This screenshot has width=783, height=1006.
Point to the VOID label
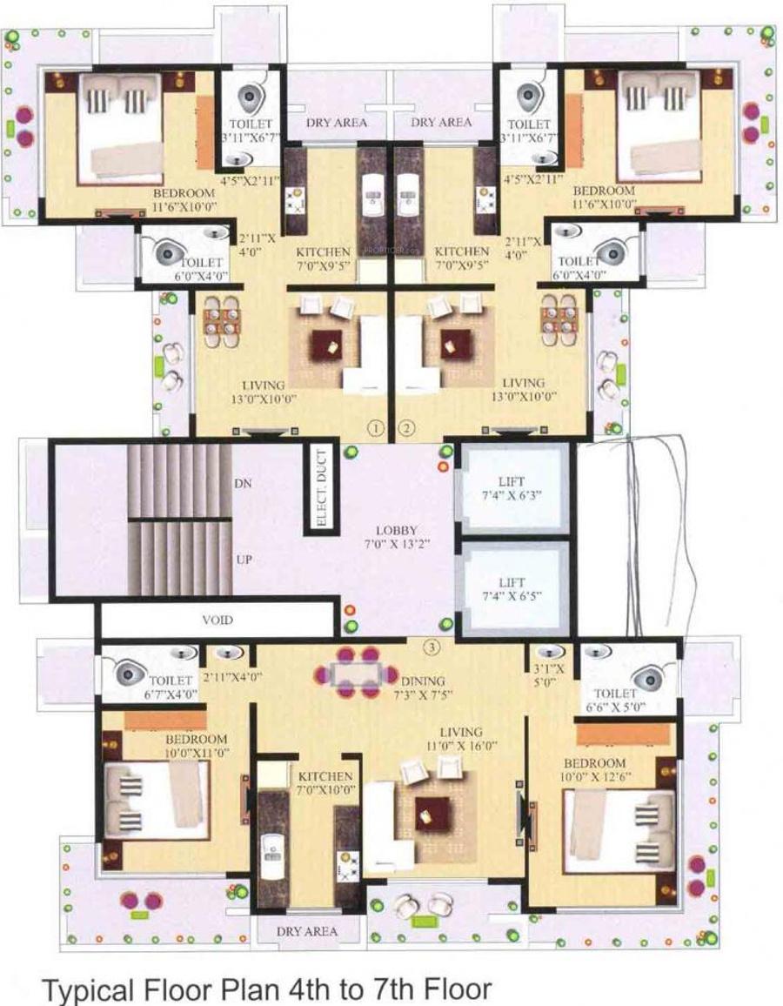click(217, 620)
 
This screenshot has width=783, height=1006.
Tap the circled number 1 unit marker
click(376, 427)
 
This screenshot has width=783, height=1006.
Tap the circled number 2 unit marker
click(406, 427)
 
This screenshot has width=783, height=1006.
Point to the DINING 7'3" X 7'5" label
click(423, 687)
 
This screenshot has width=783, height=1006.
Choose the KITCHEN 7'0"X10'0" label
click(325, 782)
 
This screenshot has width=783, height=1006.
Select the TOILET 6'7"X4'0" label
click(170, 687)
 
